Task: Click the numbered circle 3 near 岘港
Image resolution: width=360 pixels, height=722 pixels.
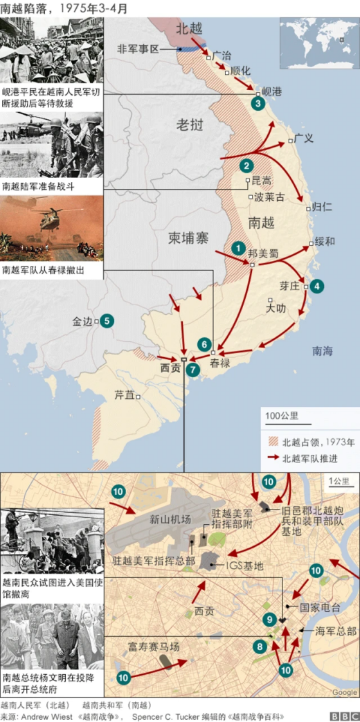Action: (x=258, y=104)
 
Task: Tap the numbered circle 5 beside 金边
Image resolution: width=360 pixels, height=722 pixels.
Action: (x=107, y=321)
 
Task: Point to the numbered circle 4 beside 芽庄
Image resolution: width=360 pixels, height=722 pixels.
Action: (x=316, y=286)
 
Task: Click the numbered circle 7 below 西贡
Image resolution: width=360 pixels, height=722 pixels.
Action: (x=192, y=370)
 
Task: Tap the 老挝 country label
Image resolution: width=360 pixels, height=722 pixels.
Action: (x=189, y=125)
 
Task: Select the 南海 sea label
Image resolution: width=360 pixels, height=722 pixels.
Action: (x=322, y=351)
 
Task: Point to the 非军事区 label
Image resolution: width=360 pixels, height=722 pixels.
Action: (x=138, y=49)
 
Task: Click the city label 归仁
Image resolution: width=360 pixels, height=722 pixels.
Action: (x=322, y=207)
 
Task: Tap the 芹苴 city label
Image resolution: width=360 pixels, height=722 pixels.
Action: (x=124, y=396)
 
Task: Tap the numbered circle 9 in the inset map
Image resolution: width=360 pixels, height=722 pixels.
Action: (x=270, y=620)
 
